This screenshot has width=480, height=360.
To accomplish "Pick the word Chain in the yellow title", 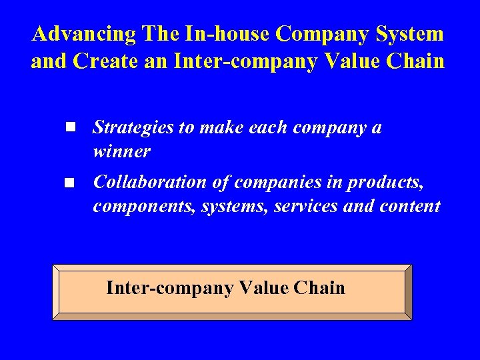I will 415,61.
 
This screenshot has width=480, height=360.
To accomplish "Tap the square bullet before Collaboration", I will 69,181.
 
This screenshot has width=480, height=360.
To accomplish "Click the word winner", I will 122,151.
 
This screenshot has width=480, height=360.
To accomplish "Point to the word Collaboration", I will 151,181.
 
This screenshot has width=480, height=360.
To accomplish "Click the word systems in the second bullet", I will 221,206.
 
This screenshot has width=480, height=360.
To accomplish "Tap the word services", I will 304,206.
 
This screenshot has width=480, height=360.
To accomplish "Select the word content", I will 411,206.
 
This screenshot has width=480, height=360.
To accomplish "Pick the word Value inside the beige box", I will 262,288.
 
